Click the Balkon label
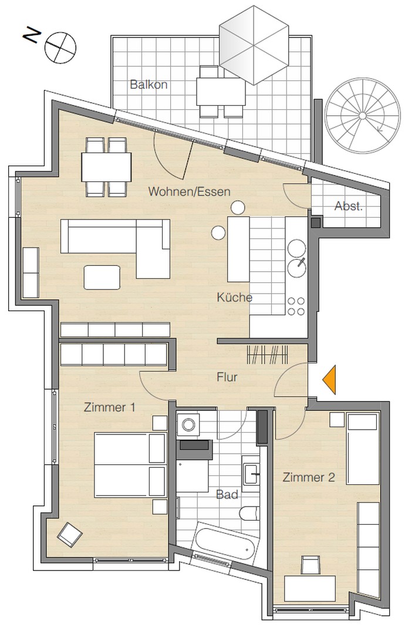pyautogui.click(x=148, y=85)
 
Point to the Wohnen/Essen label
pyautogui.click(x=189, y=191)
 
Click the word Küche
pyautogui.click(x=234, y=297)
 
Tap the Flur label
pyautogui.click(x=227, y=377)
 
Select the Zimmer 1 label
pyautogui.click(x=109, y=407)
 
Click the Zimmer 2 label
pyautogui.click(x=309, y=477)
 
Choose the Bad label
pyautogui.click(x=227, y=495)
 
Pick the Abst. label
pyautogui.click(x=348, y=206)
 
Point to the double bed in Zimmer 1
pyautogui.click(x=130, y=464)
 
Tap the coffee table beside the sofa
pyautogui.click(x=103, y=277)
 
